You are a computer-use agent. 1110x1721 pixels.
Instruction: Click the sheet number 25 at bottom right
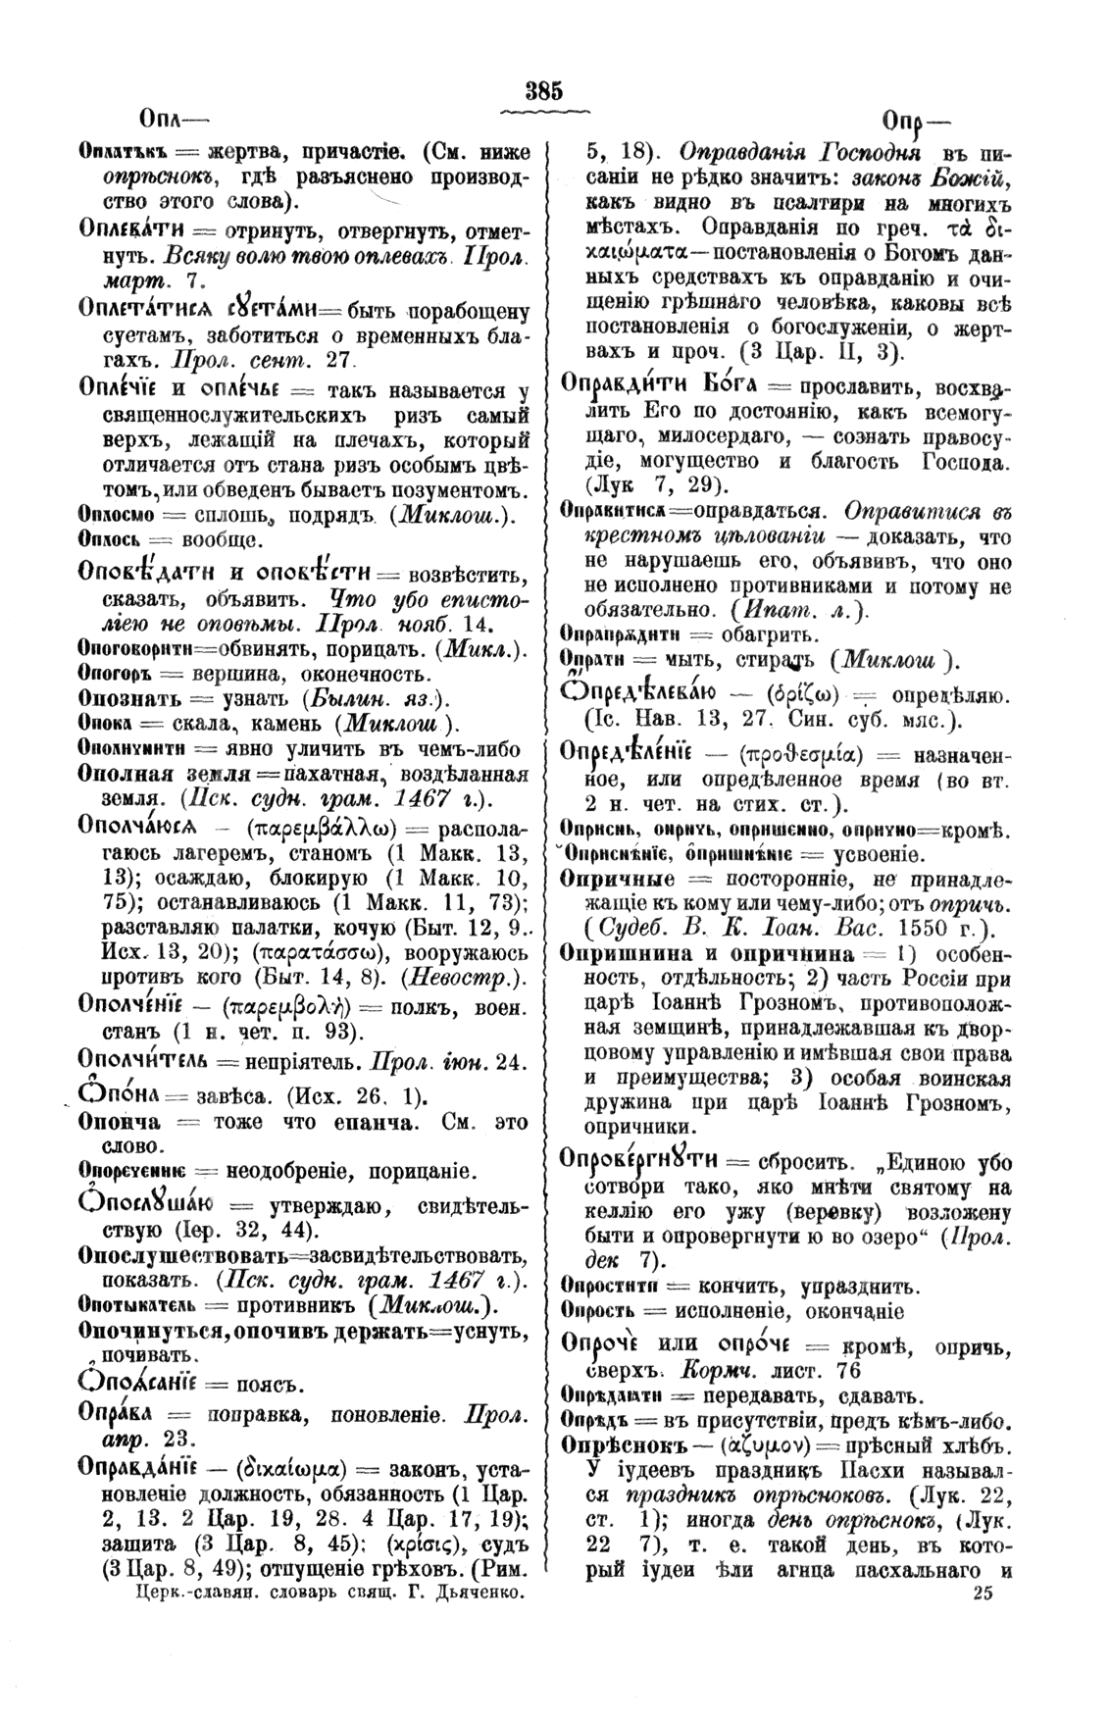tap(984, 1594)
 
